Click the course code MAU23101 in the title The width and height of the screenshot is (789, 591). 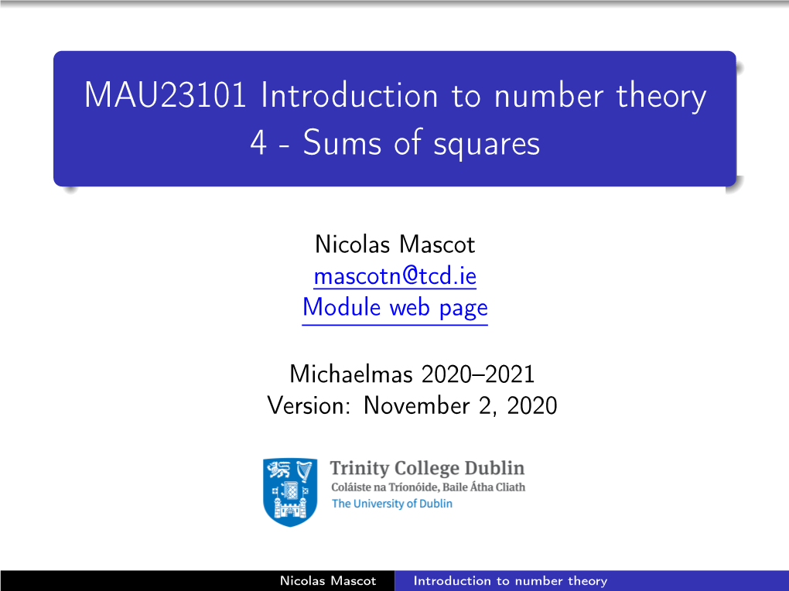166,94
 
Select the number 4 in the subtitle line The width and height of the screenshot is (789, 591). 258,143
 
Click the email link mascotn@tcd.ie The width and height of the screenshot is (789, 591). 395,276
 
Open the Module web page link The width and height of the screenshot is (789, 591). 395,308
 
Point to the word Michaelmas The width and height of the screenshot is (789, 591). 351,374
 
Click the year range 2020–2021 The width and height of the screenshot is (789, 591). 477,374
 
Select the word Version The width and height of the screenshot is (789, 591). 309,406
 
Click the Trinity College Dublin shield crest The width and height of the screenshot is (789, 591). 290,492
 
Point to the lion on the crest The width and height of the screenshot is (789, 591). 279,470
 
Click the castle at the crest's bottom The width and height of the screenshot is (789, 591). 289,507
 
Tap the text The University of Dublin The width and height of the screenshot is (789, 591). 392,504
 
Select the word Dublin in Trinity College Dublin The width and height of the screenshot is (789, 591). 494,468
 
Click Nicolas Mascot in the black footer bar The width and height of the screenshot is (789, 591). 328,581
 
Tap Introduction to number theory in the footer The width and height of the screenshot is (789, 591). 511,582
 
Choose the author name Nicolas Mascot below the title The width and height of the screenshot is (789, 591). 395,244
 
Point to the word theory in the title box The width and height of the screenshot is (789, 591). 661,97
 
